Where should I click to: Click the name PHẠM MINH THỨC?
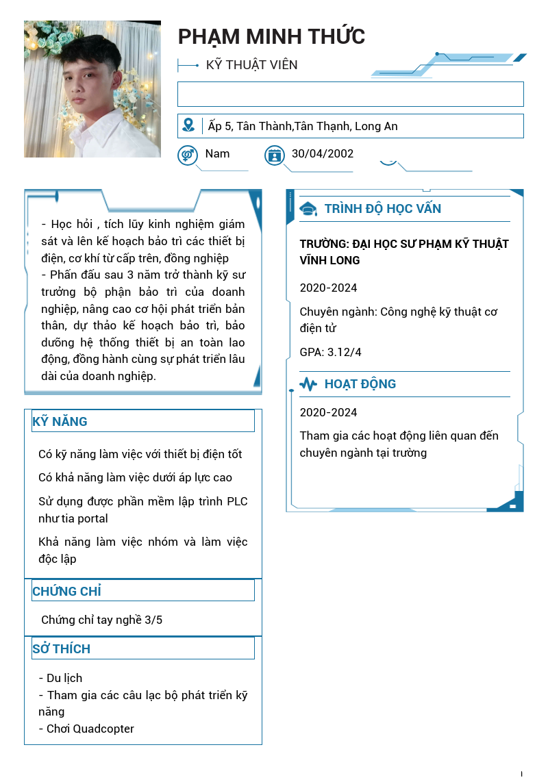tap(271, 36)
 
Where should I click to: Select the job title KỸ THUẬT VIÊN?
tap(251, 65)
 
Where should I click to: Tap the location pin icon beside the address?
tap(188, 125)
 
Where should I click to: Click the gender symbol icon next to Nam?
tap(187, 155)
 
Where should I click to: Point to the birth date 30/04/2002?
tap(322, 153)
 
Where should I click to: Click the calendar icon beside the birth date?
tap(275, 155)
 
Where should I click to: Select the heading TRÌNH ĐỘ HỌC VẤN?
tap(382, 209)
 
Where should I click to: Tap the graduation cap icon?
tap(308, 210)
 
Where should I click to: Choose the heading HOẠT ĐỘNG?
tap(360, 384)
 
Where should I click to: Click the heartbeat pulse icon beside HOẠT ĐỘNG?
tap(308, 384)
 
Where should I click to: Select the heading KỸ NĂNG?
tap(60, 422)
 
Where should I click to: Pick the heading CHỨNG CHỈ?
tap(66, 591)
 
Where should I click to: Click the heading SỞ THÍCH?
tap(61, 648)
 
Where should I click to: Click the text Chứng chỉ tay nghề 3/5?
tap(101, 620)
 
